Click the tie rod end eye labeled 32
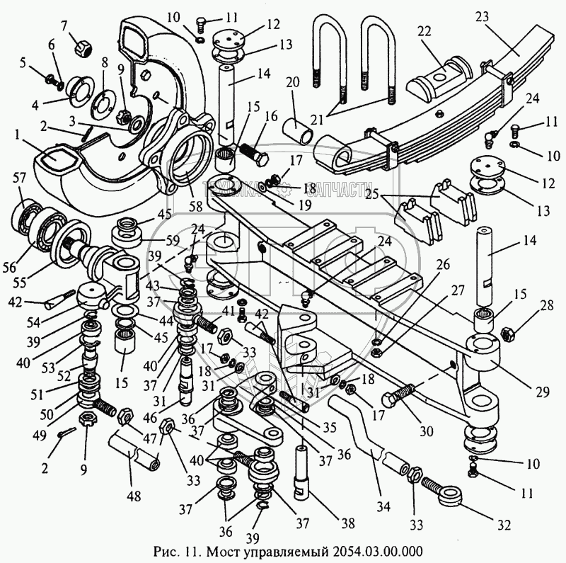[x=450, y=494]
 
